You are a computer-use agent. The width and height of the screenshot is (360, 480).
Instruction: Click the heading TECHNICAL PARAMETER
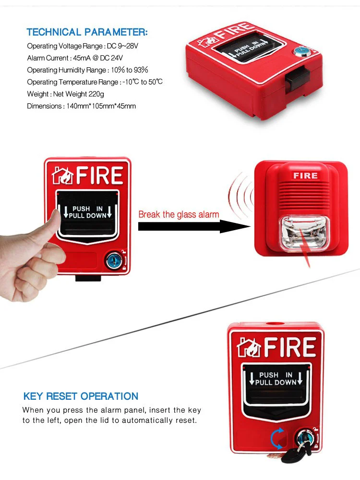[x=87, y=32]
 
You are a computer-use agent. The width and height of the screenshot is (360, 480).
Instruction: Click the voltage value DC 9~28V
[x=123, y=46]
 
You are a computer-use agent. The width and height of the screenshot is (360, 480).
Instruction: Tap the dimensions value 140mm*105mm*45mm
[x=101, y=106]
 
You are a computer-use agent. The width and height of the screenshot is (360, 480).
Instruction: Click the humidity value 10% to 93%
[x=130, y=70]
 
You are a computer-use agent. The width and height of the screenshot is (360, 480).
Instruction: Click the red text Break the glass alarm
[x=179, y=214]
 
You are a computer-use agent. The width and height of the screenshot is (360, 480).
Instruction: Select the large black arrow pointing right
[x=194, y=226]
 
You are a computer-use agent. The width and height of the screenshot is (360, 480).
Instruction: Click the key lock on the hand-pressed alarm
[x=114, y=260]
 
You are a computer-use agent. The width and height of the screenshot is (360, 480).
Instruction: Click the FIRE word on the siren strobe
[x=305, y=175]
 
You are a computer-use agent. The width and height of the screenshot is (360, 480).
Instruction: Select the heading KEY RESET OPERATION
[x=81, y=396]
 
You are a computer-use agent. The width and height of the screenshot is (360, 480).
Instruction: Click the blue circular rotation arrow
[x=277, y=439]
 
